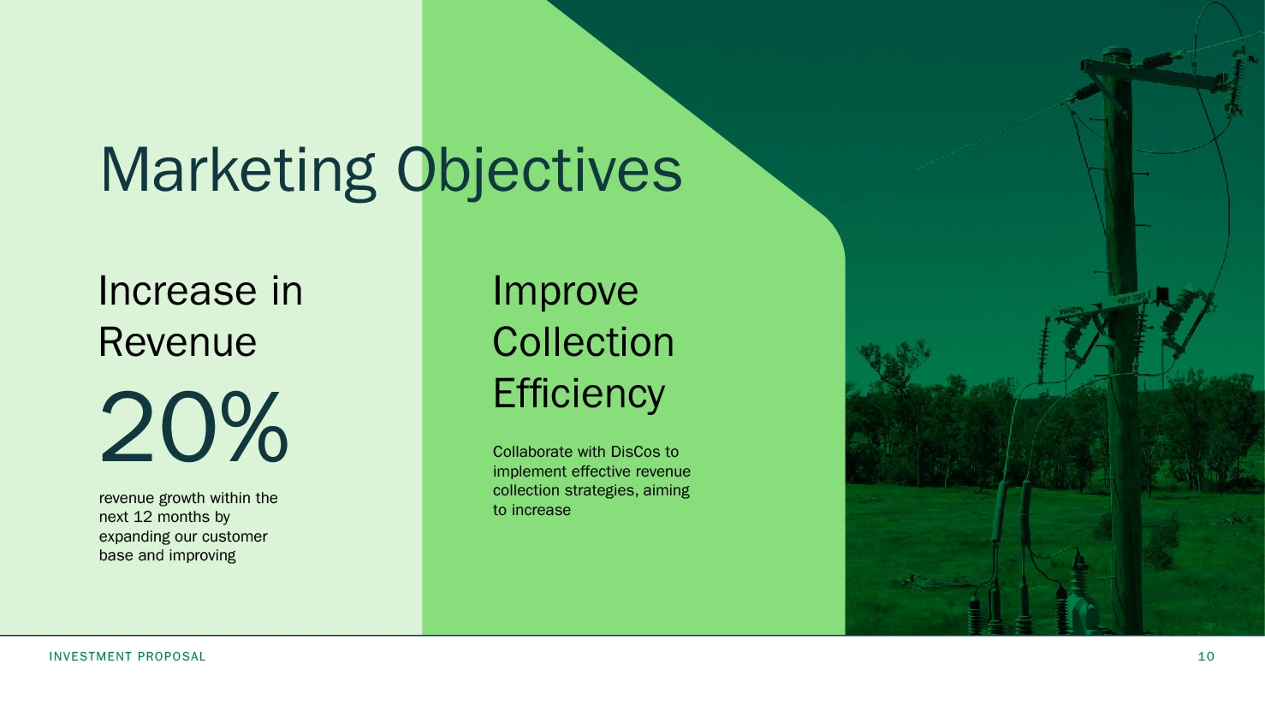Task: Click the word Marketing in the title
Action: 238,172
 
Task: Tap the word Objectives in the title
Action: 539,172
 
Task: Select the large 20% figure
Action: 193,426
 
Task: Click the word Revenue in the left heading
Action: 177,342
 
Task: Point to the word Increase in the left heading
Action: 177,292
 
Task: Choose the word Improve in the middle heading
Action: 565,293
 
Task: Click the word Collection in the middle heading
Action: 584,342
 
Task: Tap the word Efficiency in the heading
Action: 579,394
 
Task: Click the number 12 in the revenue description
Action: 143,518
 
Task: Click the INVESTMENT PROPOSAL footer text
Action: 128,657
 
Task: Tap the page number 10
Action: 1206,657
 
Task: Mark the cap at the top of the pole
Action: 1117,53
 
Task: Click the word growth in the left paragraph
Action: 181,499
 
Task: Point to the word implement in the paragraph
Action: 530,472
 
